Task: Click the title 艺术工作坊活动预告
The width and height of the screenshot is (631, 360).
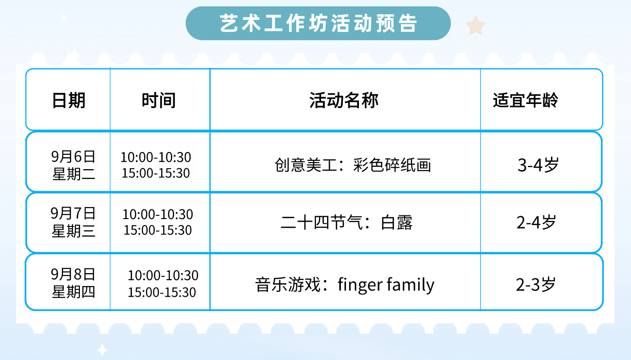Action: (318, 23)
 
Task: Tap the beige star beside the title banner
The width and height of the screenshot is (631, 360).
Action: (475, 26)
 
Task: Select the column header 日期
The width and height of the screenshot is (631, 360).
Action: (68, 100)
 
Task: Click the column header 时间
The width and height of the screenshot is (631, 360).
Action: (158, 100)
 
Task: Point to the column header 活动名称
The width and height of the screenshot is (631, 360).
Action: (344, 100)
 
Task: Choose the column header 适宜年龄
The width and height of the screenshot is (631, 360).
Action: (525, 100)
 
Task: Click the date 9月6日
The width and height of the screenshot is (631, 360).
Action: (73, 157)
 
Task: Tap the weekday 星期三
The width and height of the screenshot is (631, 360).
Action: (73, 231)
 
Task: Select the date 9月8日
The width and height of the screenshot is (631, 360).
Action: (73, 274)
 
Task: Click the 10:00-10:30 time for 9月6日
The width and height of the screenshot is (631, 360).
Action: (156, 157)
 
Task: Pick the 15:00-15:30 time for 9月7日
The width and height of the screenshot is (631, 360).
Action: (158, 230)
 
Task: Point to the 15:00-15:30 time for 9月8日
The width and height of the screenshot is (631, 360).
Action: (162, 292)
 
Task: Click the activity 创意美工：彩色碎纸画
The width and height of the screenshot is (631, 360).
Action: (352, 165)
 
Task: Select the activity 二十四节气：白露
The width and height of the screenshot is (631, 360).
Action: (346, 222)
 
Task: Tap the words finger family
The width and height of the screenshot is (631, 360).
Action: (386, 285)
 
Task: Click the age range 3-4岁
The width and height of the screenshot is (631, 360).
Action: (538, 165)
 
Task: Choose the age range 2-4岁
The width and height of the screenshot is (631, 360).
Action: (536, 222)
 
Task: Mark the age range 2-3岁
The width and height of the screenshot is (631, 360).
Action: (536, 285)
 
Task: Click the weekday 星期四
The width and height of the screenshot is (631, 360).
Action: (73, 292)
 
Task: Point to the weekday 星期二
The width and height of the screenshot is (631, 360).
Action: (73, 174)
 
